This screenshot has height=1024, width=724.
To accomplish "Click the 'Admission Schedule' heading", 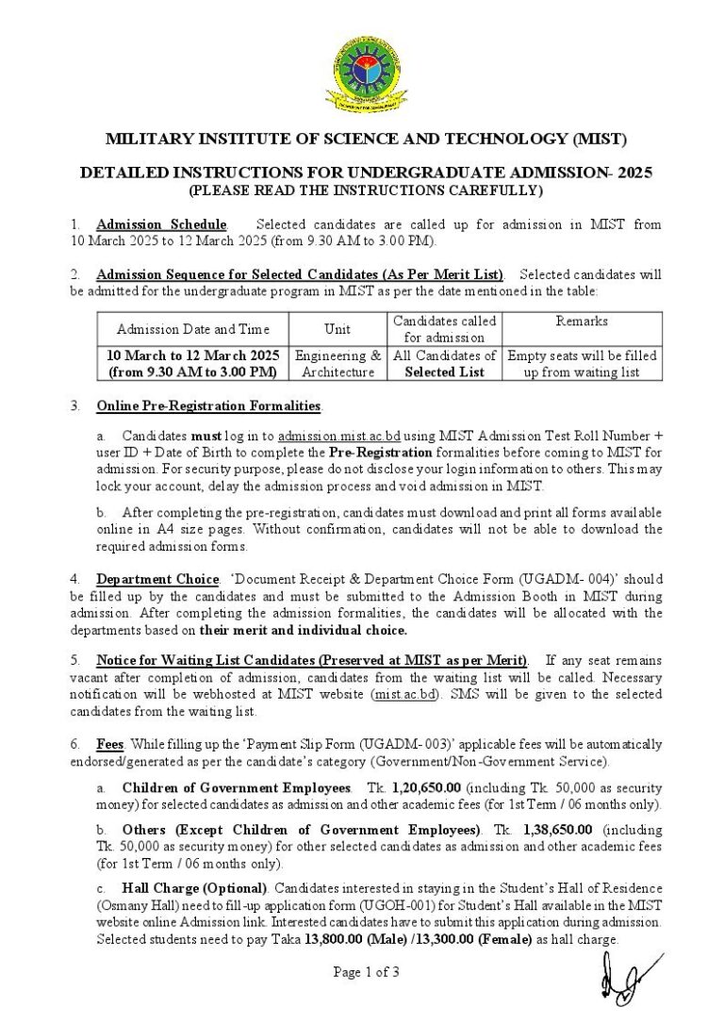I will click(161, 224).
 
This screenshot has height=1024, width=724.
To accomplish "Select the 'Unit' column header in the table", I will click(337, 329).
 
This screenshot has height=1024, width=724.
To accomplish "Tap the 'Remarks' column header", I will click(582, 322).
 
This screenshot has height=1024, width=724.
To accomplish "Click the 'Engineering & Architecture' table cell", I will click(337, 364).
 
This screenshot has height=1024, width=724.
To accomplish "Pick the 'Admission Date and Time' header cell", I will click(193, 329).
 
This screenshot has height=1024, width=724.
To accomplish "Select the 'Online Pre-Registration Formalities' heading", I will click(208, 406).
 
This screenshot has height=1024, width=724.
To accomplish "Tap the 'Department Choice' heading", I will click(157, 578).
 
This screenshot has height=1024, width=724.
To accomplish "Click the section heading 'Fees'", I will click(110, 744).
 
